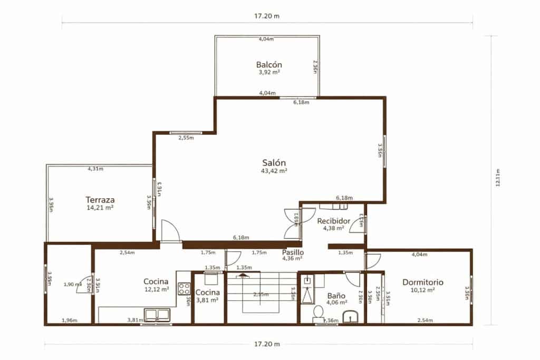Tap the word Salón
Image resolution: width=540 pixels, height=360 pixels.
click(274, 162)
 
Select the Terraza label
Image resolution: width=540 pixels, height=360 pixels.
click(100, 200)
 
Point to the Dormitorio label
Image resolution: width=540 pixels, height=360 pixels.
click(422, 282)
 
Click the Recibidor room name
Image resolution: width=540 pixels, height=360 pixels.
click(334, 221)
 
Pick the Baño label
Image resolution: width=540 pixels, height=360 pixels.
click(336, 296)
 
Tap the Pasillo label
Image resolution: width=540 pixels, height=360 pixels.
click(292, 252)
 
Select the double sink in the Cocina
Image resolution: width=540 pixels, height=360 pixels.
click(158, 315)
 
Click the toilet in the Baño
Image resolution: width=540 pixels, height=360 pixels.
click(318, 314)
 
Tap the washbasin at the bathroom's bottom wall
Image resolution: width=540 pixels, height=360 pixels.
click(350, 317)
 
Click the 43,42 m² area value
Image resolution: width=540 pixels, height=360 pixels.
click(274, 171)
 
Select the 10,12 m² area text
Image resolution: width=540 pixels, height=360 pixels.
click(422, 290)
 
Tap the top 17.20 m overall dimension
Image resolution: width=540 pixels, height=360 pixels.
click(266, 16)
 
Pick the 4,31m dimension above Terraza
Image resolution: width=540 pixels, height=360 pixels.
click(95, 169)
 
